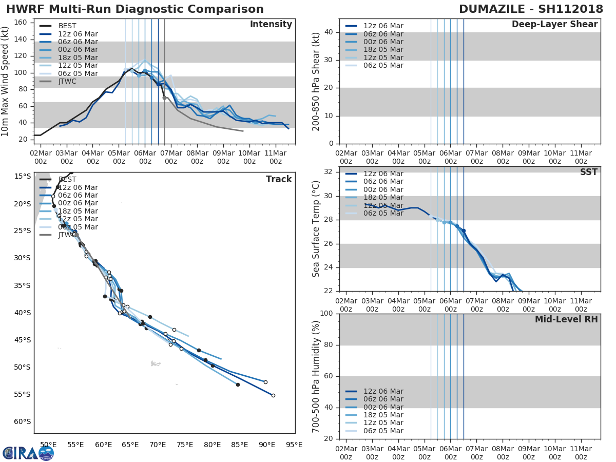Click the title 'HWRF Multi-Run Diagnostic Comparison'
134,9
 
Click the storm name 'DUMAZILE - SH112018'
531,9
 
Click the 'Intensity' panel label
271,25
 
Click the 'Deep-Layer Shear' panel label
554,25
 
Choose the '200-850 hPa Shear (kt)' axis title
316,82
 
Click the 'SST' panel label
588,172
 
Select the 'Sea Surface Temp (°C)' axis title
316,229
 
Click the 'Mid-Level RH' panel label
566,319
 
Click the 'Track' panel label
278,179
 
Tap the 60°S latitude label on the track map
23,422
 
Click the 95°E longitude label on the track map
294,445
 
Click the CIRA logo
28,453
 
